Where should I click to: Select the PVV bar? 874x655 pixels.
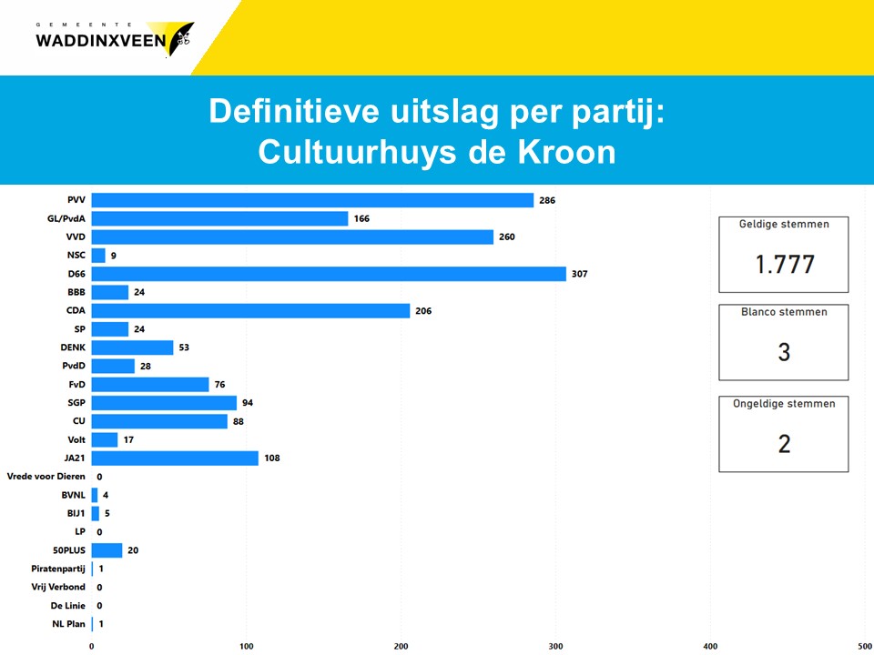point(312,200)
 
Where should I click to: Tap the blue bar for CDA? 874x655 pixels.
point(250,311)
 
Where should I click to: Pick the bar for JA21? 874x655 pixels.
point(175,458)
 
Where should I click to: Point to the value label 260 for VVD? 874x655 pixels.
point(508,237)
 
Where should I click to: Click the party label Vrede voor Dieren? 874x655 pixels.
point(46,476)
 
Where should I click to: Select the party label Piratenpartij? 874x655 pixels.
point(57,569)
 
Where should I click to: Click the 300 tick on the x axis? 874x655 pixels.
point(555,646)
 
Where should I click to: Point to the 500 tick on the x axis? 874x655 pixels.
point(864,646)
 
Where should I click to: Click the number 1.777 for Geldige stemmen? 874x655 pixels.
point(784,265)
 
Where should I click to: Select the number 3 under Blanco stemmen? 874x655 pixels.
point(784,352)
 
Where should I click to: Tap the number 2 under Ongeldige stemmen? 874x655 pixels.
point(784,444)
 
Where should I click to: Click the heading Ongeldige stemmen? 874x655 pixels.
point(784,404)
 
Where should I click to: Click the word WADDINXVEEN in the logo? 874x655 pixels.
point(100,41)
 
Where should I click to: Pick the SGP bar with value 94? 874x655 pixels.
point(164,403)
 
